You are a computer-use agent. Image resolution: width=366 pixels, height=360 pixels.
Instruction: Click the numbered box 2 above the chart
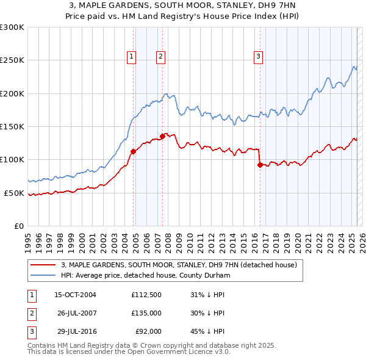(x=160, y=57)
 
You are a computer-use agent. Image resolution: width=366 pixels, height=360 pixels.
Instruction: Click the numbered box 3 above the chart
(x=258, y=57)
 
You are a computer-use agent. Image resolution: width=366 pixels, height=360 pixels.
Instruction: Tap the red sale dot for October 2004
(x=133, y=151)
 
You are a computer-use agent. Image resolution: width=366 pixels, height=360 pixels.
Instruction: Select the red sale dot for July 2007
(x=163, y=136)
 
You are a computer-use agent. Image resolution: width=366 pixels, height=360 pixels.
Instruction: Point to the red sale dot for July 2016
(x=260, y=165)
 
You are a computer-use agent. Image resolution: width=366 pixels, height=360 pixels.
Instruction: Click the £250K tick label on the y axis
(x=12, y=60)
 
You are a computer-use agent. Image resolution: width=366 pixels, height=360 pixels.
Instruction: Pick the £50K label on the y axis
(x=13, y=193)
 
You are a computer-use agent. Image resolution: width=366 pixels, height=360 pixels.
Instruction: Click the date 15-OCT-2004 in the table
(x=75, y=295)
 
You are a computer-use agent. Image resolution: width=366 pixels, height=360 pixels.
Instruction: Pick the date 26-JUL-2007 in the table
(x=75, y=314)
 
